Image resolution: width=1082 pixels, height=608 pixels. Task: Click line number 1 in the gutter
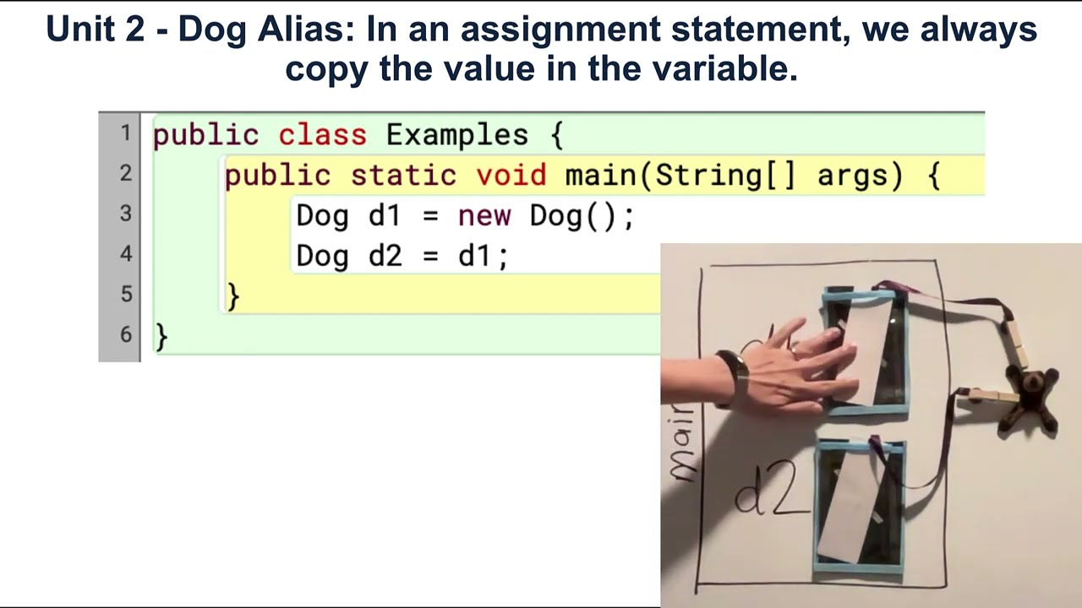tap(125, 133)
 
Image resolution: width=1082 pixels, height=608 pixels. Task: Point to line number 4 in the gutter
tap(125, 253)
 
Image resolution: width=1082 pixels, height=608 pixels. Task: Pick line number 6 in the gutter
tap(125, 334)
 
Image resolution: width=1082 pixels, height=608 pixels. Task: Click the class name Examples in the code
tap(456, 135)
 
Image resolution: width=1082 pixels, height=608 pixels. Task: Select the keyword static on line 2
tap(402, 176)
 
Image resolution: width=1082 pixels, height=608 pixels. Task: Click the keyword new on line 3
tap(484, 216)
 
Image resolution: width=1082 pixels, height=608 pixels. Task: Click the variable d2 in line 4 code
tap(385, 256)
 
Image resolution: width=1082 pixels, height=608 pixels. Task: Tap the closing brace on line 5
tap(233, 296)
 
